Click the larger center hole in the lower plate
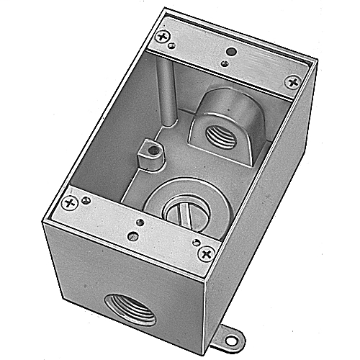(137, 222)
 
